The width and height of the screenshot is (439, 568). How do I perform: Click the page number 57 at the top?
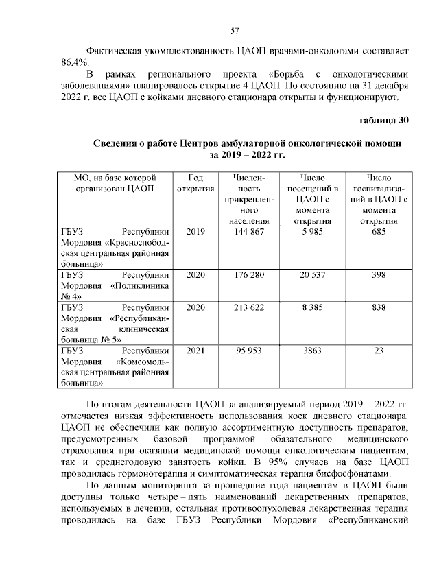click(x=234, y=31)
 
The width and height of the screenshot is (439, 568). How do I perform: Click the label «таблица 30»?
click(x=384, y=121)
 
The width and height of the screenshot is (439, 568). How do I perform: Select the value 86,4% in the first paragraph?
click(x=74, y=62)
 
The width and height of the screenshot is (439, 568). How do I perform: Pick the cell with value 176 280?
click(x=250, y=275)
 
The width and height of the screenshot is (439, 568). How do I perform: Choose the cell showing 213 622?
click(x=250, y=307)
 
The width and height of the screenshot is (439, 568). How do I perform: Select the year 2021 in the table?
click(x=195, y=351)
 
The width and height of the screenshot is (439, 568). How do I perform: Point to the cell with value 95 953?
click(x=250, y=351)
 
